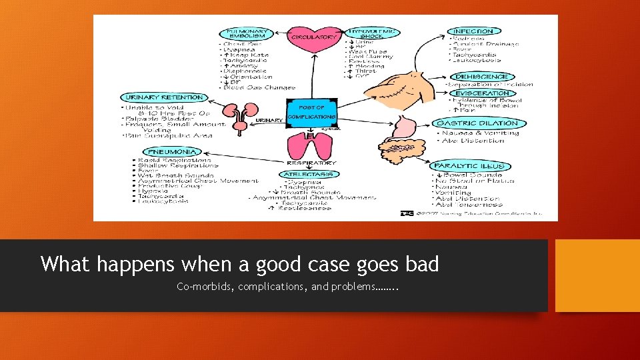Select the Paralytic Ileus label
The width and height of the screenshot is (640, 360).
pyautogui.click(x=469, y=165)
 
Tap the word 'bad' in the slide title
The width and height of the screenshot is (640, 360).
pyautogui.click(x=422, y=264)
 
